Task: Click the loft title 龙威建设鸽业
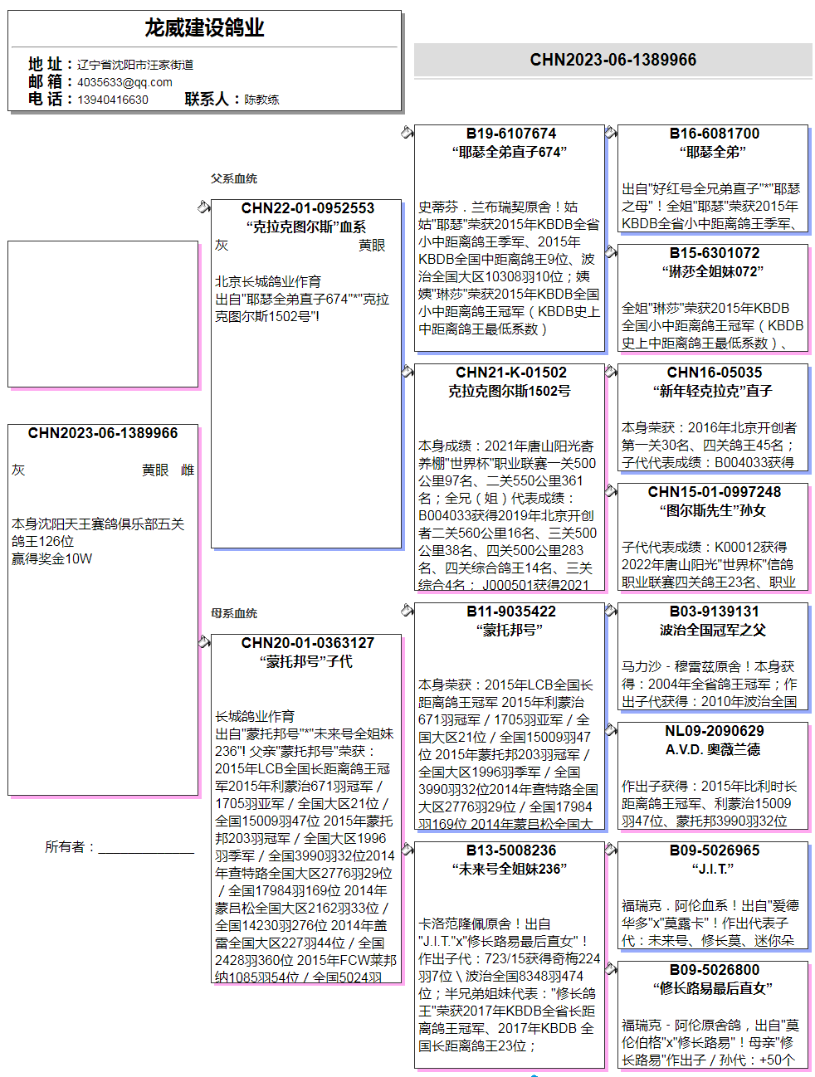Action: [x=204, y=28]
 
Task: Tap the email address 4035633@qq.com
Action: [x=124, y=82]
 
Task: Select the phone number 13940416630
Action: [x=113, y=100]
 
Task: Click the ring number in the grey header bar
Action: [x=612, y=60]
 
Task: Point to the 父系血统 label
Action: [x=233, y=178]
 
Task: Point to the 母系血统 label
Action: [x=233, y=613]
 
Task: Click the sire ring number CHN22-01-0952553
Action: [x=307, y=208]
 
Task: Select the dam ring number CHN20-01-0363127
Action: [x=307, y=643]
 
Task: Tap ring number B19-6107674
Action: [x=510, y=134]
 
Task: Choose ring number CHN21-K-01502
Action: [x=510, y=373]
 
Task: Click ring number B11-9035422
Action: [x=510, y=612]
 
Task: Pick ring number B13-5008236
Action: [x=510, y=850]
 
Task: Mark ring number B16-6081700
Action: [x=714, y=134]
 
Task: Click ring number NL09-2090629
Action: [x=714, y=731]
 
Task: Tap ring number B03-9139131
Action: [x=714, y=612]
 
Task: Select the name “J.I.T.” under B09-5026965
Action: [x=713, y=869]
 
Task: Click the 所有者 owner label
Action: [x=70, y=847]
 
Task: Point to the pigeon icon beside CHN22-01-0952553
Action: [x=204, y=207]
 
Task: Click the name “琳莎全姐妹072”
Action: [x=713, y=271]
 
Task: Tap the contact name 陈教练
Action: [x=261, y=100]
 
